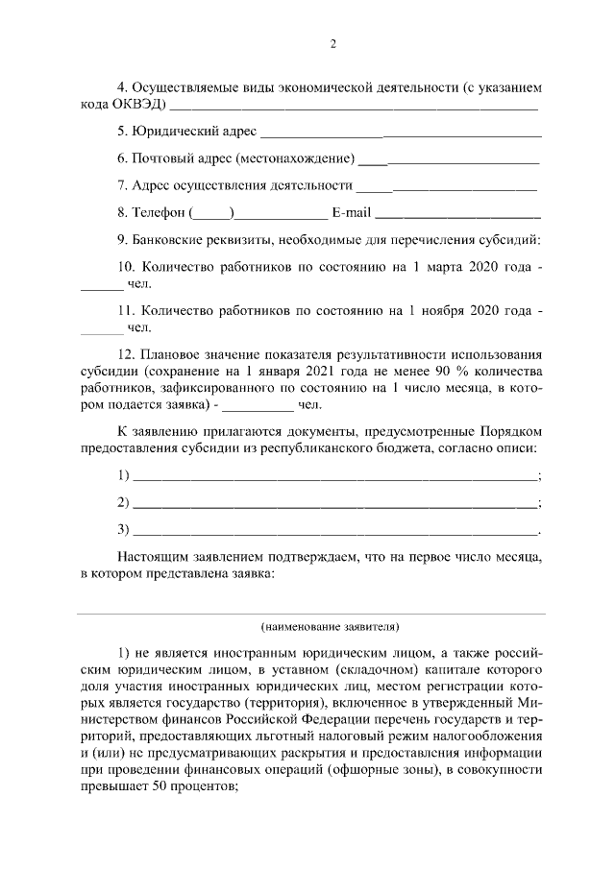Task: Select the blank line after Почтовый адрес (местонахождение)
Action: point(448,157)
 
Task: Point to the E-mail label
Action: point(350,211)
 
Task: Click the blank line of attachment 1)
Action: point(334,477)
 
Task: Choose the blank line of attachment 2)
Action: point(334,504)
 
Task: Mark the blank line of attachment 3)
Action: point(334,531)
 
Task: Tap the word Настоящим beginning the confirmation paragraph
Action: point(155,556)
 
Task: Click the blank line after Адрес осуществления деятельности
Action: point(446,185)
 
